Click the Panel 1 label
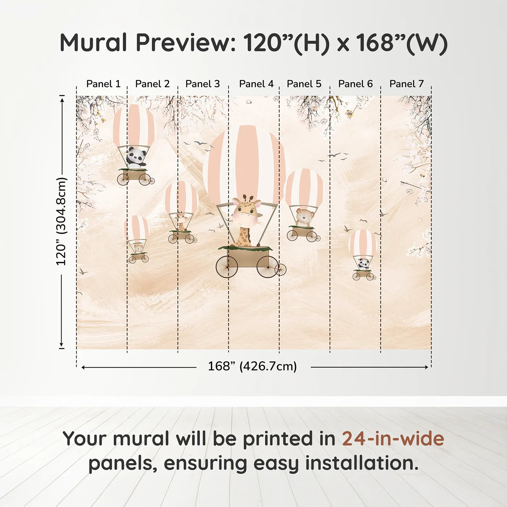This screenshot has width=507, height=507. [103, 84]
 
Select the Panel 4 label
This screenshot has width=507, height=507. [256, 84]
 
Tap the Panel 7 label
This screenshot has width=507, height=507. [406, 84]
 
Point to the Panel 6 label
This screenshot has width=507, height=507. [355, 84]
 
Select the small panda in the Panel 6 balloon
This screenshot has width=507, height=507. [363, 264]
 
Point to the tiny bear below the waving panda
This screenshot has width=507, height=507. [138, 248]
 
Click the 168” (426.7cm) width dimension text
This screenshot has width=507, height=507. [252, 366]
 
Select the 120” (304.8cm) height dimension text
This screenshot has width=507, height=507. [62, 222]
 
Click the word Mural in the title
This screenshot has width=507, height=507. [93, 43]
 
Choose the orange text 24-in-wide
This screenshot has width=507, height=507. [393, 439]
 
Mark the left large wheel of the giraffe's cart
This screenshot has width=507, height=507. [227, 267]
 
